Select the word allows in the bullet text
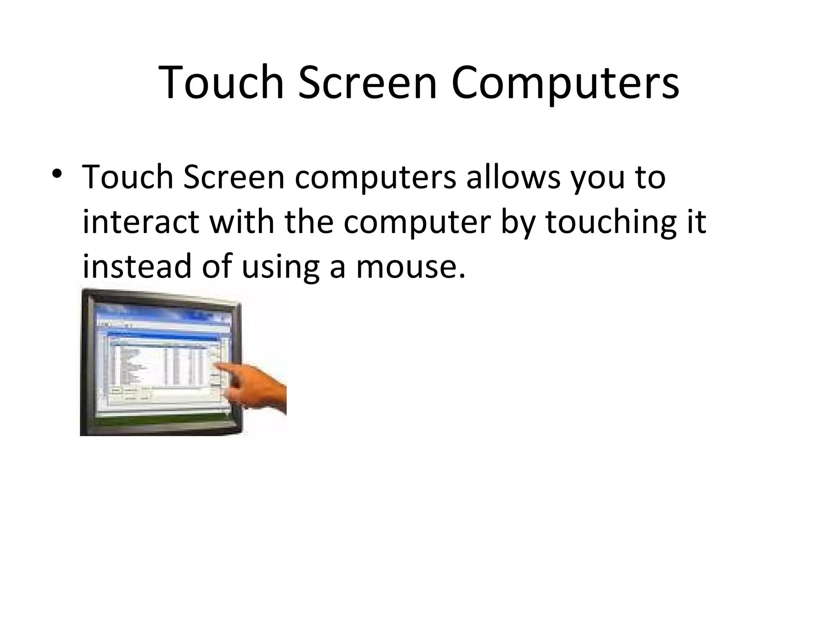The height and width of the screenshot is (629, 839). click(x=513, y=177)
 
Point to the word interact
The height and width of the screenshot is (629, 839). click(x=141, y=222)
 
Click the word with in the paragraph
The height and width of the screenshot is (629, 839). click(x=241, y=222)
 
